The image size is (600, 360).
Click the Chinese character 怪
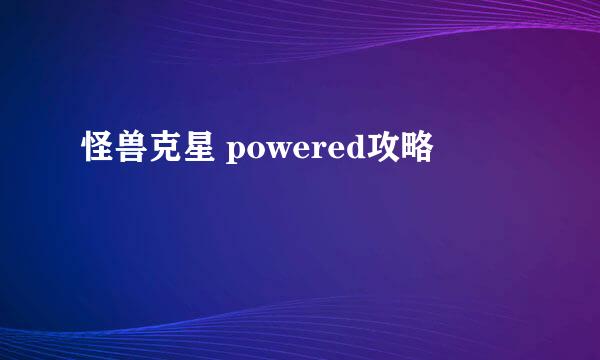point(97,150)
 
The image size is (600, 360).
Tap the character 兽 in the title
point(130,150)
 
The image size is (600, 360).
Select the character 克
point(163,150)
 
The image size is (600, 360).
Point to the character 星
point(196,150)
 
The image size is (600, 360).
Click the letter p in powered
point(237,153)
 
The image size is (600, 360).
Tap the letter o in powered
point(256,152)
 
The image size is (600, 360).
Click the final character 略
point(417,150)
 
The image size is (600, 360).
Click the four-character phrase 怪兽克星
point(146,150)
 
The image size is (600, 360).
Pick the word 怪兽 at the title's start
point(113,150)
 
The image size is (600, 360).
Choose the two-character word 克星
point(179,150)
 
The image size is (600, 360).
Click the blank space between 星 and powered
point(220,151)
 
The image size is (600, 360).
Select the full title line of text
point(257,150)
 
